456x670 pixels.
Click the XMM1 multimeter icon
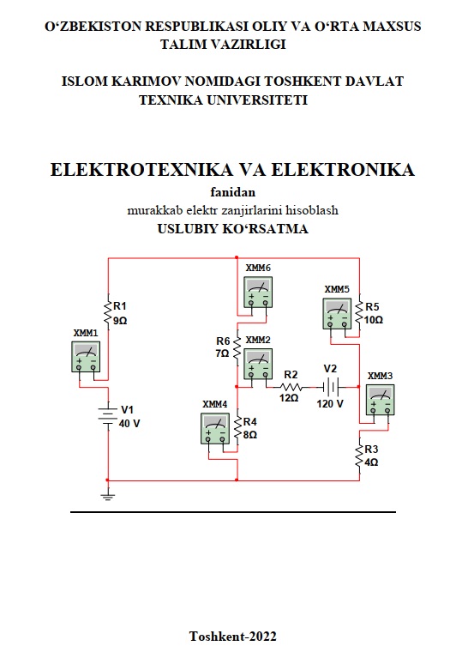(x=86, y=356)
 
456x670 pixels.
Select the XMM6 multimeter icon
(x=258, y=293)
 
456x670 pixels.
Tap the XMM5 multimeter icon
(x=337, y=314)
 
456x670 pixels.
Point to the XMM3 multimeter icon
(x=380, y=400)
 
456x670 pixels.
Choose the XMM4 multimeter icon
(x=215, y=429)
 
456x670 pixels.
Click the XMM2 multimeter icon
(x=258, y=364)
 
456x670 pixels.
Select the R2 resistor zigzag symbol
(x=291, y=387)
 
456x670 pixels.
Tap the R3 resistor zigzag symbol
(x=359, y=455)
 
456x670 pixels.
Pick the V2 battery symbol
(x=331, y=387)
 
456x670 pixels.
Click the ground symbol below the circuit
(x=108, y=496)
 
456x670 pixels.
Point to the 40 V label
(x=129, y=424)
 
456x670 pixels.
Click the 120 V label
(x=330, y=404)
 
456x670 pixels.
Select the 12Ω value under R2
(x=289, y=398)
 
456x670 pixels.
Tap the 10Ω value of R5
(x=373, y=320)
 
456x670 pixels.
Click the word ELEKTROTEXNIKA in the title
(x=141, y=170)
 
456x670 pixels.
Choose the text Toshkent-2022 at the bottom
(x=233, y=637)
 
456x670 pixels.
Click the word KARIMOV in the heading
(x=147, y=81)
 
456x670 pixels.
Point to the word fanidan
(x=232, y=192)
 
